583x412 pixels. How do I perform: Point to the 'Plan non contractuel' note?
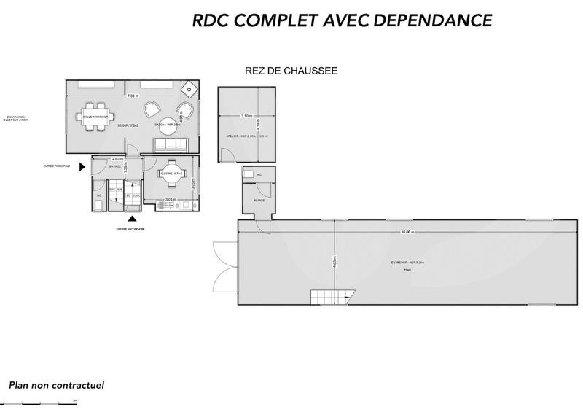click(x=57, y=384)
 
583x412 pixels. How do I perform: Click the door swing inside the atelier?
click(x=227, y=154)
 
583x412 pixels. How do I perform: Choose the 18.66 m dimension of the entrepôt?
click(x=407, y=233)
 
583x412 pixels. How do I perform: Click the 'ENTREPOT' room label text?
click(x=402, y=262)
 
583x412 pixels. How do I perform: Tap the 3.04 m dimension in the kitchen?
click(x=169, y=199)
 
